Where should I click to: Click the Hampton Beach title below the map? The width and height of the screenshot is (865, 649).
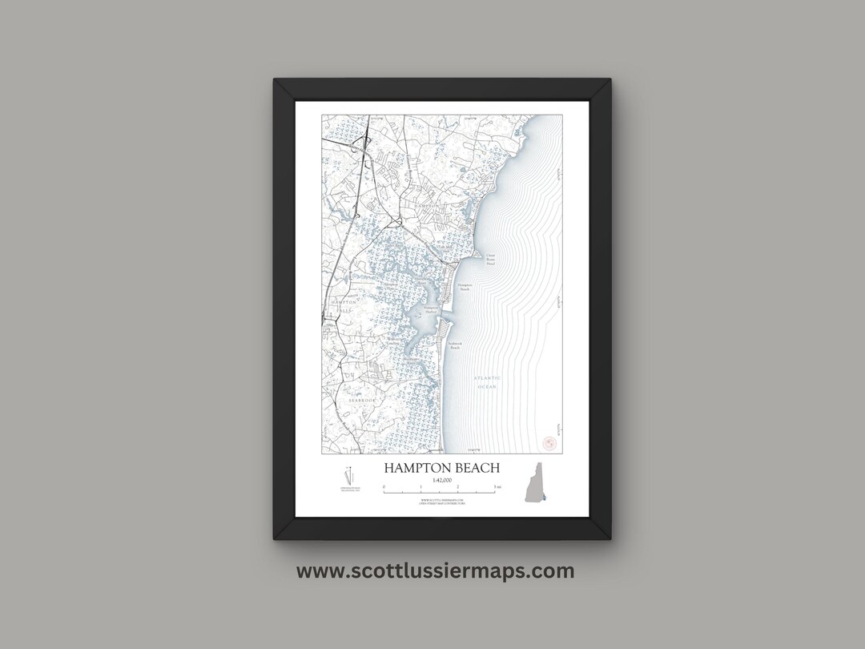(441, 468)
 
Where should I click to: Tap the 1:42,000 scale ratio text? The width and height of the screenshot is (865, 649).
(441, 480)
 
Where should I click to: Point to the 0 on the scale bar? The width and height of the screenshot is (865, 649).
(384, 487)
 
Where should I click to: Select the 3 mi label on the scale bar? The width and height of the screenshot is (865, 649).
(497, 487)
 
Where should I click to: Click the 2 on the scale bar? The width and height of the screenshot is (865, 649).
(458, 487)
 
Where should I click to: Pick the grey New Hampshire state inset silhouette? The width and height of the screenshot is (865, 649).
(536, 483)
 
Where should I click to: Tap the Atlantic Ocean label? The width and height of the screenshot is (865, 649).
(486, 381)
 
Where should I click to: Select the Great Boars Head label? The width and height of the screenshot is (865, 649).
(490, 259)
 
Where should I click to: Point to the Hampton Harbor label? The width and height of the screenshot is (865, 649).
(432, 308)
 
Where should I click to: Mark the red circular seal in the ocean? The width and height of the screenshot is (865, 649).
(549, 442)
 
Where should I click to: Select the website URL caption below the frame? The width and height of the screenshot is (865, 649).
(435, 571)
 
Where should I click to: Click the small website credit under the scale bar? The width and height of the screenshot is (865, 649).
(441, 501)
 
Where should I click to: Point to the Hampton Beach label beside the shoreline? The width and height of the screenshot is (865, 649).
(465, 286)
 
